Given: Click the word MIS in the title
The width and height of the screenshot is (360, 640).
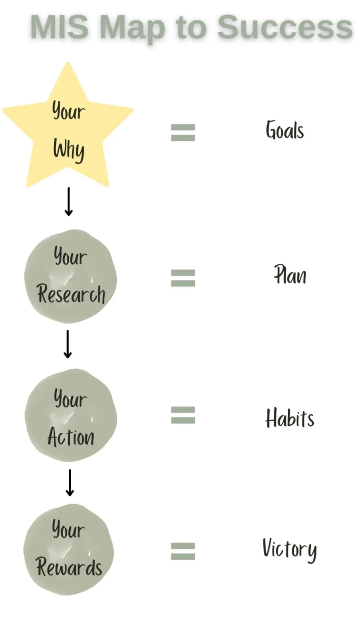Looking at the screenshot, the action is (x=59, y=27).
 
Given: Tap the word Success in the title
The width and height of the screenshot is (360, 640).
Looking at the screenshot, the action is (x=284, y=27).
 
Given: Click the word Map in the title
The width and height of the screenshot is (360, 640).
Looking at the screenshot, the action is (x=132, y=28).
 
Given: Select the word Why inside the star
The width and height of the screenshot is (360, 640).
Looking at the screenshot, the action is (x=69, y=149).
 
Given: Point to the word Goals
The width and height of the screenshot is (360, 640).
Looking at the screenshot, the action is (x=284, y=131).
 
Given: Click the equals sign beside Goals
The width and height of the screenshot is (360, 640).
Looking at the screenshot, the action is (x=183, y=133).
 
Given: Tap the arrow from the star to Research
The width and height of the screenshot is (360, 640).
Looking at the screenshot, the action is (x=69, y=201).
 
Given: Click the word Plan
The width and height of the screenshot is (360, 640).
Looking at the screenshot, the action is (x=290, y=275).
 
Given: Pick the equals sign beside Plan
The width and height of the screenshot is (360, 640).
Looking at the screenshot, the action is (x=183, y=278).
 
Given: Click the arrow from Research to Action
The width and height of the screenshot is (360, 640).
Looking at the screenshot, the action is (x=68, y=344).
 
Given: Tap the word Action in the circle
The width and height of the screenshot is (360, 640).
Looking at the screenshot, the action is (x=71, y=437).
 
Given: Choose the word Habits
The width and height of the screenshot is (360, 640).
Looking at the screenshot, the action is (x=290, y=418).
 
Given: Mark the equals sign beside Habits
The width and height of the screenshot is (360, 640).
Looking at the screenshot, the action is (x=183, y=415).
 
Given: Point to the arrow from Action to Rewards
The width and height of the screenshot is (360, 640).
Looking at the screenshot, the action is (x=70, y=483).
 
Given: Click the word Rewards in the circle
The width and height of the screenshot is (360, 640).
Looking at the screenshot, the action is (x=69, y=567).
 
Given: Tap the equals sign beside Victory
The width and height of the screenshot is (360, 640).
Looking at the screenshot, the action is (x=183, y=551).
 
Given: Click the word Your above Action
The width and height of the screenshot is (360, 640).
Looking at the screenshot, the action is (x=70, y=399).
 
